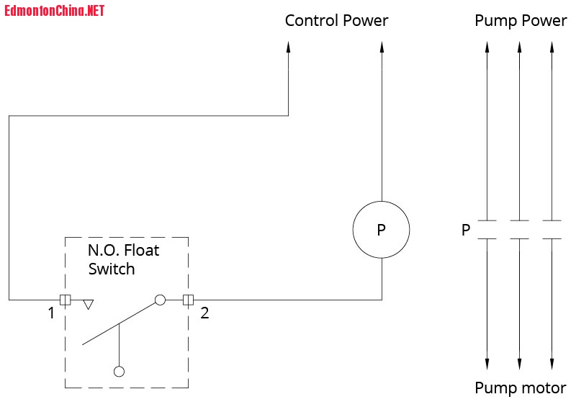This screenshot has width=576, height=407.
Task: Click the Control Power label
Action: tap(336, 20)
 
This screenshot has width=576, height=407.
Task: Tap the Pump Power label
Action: tap(521, 20)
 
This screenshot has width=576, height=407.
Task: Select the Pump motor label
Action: tap(520, 388)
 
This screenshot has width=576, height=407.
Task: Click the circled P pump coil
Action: tap(381, 230)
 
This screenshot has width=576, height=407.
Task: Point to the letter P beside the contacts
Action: tap(466, 231)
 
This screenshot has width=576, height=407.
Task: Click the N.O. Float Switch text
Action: tap(123, 260)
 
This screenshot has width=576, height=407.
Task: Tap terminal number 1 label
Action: tap(51, 313)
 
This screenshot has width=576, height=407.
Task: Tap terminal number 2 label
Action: tap(204, 313)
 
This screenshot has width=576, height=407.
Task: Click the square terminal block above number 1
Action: tap(65, 299)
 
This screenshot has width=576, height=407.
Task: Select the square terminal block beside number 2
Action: tap(189, 299)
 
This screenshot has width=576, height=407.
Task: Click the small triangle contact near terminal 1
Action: tap(88, 304)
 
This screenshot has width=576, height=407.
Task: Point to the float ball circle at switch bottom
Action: tap(120, 372)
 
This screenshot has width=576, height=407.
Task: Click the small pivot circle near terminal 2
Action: tap(160, 299)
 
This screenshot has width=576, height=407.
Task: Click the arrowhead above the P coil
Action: tap(382, 48)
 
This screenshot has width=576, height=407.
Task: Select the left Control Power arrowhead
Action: tap(288, 48)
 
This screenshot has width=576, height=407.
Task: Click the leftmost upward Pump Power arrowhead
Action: tap(487, 48)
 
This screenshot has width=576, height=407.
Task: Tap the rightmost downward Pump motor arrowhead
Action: tap(552, 362)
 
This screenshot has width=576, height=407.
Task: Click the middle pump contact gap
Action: tap(520, 230)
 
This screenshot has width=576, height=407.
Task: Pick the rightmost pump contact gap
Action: tap(552, 230)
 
